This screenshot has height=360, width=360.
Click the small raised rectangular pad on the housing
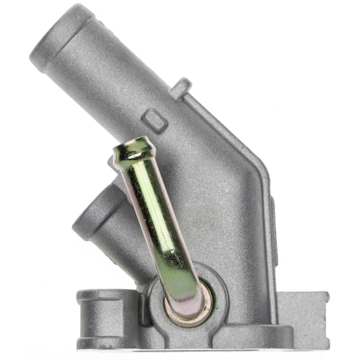click(157, 122)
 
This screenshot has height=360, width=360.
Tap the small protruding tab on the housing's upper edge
click(181, 86)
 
